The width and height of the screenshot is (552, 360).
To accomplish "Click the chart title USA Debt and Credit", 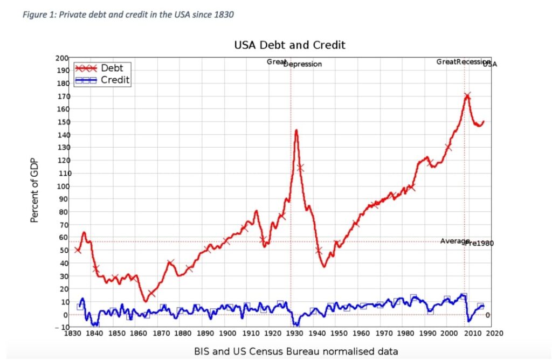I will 289,45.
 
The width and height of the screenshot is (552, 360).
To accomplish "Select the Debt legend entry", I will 112,68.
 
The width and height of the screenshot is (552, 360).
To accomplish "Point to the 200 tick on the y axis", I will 62,58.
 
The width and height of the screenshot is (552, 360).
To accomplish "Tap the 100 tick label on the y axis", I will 62,186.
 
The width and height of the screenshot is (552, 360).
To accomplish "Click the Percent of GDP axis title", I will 34,186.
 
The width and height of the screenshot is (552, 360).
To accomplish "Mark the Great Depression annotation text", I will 294,63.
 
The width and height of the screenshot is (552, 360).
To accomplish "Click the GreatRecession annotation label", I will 463,62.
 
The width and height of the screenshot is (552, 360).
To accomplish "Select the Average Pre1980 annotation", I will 466,242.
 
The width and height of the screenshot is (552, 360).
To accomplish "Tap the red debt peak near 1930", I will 296,130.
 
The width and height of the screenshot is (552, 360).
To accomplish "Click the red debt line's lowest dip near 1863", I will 144,301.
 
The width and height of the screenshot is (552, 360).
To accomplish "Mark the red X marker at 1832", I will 78,250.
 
